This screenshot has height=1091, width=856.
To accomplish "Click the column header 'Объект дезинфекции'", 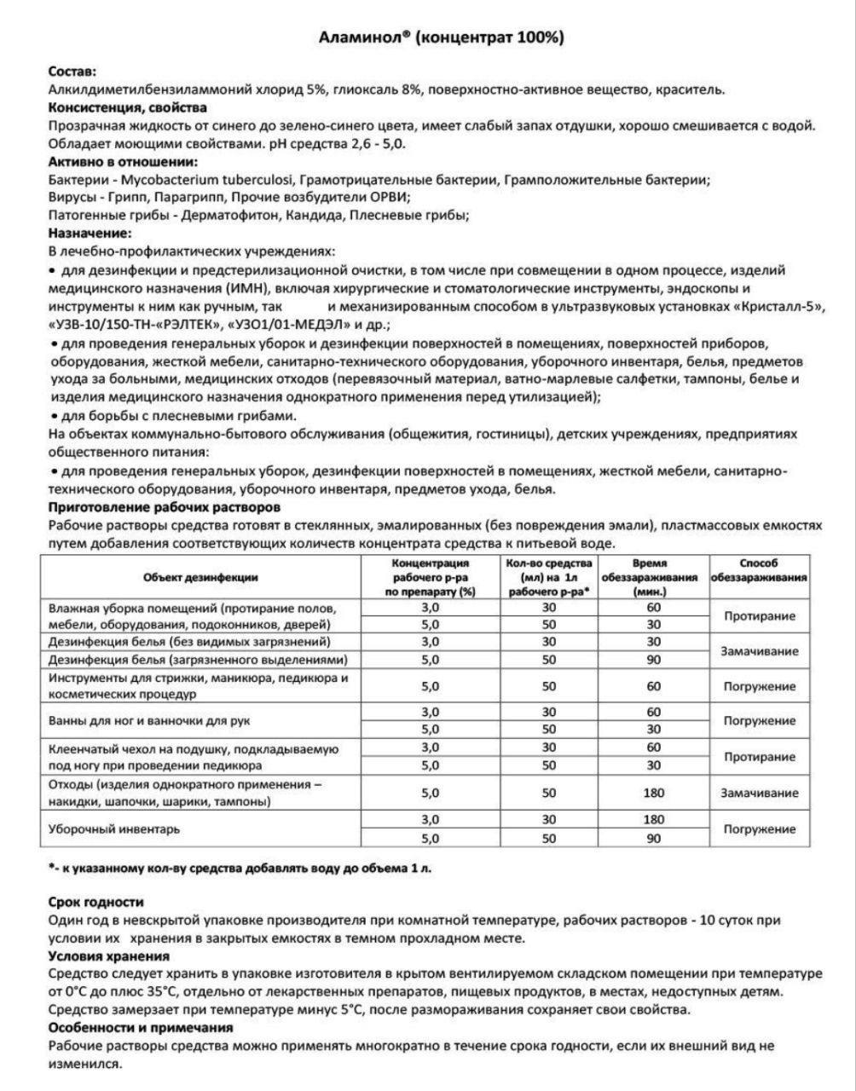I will pyautogui.click(x=201, y=577).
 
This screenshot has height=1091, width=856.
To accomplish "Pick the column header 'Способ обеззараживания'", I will pyautogui.click(x=759, y=570).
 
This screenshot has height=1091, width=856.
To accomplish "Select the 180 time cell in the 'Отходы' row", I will pyautogui.click(x=654, y=793).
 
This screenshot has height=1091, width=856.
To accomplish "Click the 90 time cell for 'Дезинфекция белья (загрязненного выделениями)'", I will pyautogui.click(x=654, y=659).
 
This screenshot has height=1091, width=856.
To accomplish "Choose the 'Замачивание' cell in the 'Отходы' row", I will pyautogui.click(x=759, y=793).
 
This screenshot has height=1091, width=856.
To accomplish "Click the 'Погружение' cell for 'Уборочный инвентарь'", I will pyautogui.click(x=759, y=828).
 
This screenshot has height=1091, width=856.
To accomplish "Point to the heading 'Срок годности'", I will pyautogui.click(x=95, y=902).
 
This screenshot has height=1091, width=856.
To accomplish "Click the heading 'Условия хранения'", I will pyautogui.click(x=108, y=956).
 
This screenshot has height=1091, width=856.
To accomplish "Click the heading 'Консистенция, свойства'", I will pyautogui.click(x=127, y=107).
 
